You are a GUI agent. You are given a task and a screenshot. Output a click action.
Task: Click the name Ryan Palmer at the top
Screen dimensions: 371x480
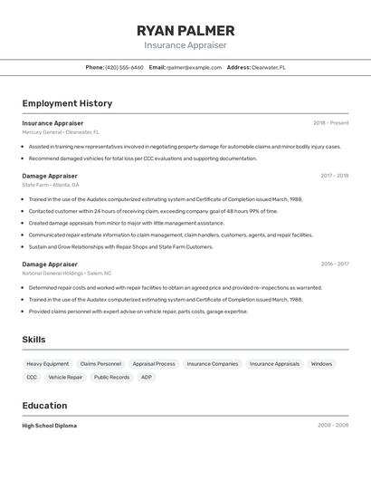185,31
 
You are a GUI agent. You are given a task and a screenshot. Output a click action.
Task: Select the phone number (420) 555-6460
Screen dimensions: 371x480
124,67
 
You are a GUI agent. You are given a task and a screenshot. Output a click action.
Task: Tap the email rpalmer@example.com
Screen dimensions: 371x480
194,67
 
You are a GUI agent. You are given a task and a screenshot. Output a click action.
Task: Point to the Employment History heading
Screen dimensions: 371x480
67,104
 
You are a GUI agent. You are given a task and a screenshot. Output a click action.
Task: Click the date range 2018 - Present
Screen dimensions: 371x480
330,123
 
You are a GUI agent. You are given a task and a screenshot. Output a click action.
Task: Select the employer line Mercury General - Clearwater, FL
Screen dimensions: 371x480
61,132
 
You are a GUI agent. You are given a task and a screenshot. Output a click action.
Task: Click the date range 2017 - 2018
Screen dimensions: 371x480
334,176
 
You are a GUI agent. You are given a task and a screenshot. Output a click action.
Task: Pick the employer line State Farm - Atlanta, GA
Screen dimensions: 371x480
51,185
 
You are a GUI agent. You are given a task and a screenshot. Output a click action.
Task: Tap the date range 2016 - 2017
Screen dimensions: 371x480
334,264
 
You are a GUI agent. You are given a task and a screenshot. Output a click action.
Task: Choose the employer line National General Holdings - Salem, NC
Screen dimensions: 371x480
67,274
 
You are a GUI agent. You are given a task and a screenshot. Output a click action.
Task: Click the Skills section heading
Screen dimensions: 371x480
34,340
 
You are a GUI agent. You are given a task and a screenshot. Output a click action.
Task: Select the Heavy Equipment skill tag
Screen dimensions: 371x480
47,364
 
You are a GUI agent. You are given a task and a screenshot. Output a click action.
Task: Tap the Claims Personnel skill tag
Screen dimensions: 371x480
100,364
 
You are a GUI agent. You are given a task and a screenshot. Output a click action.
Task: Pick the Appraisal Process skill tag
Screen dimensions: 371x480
154,364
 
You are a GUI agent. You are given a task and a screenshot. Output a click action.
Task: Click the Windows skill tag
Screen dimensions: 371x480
321,364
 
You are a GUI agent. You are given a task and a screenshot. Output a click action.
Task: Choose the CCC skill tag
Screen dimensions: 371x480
32,377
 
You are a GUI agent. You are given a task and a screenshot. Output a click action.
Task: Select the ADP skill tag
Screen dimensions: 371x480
147,377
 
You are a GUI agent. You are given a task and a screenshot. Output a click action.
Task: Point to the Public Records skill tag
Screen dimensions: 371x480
112,377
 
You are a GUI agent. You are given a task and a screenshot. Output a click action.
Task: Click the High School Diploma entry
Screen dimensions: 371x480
50,426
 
